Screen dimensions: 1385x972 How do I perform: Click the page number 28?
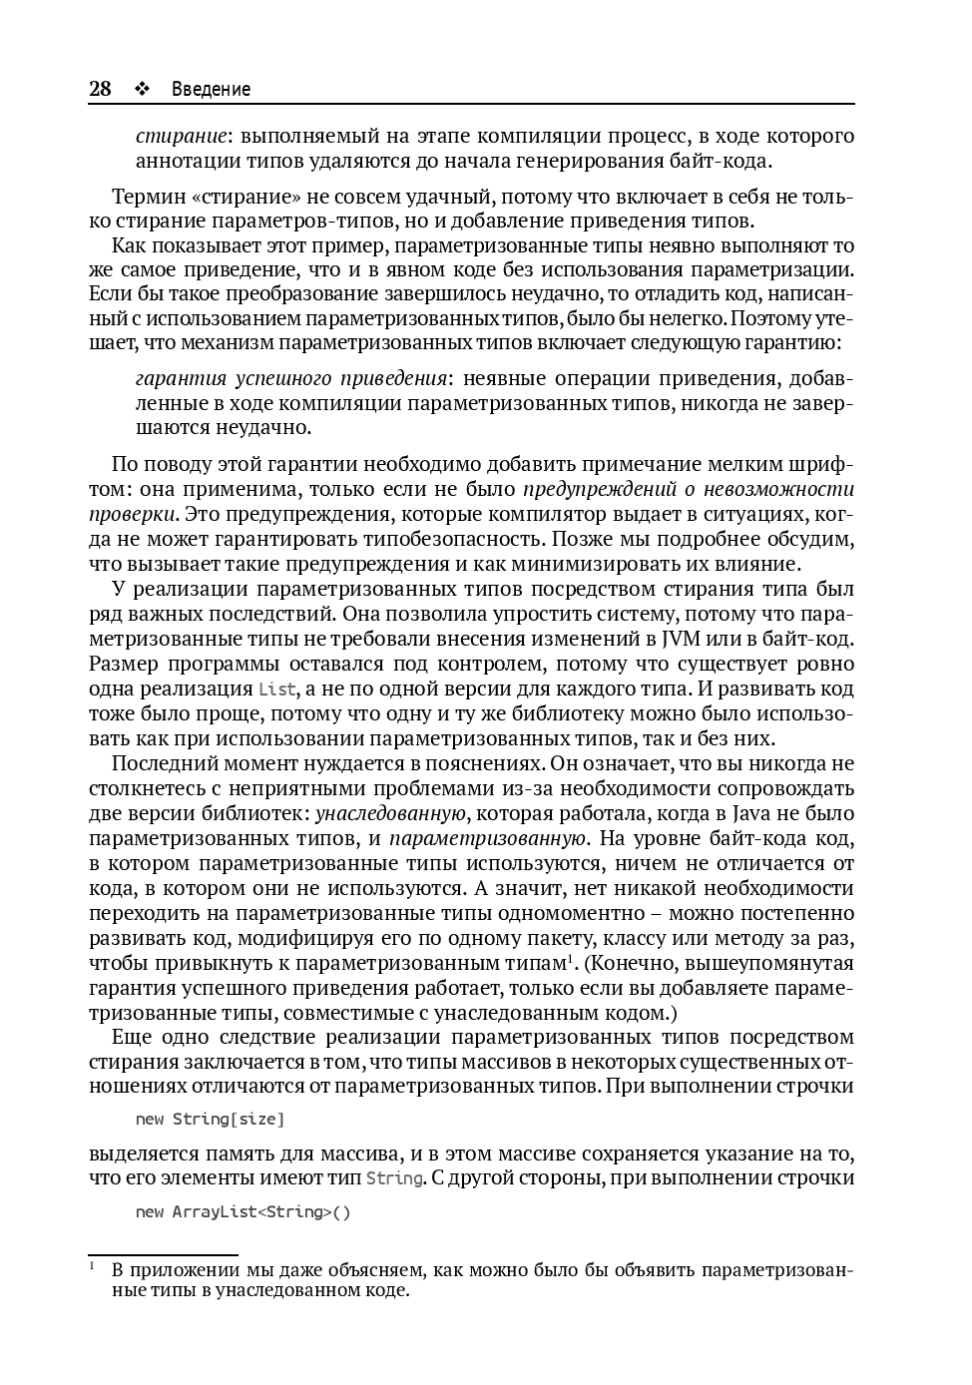tap(100, 89)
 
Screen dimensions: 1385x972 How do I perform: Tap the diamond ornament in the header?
tap(141, 89)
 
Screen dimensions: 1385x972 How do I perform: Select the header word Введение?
tap(211, 89)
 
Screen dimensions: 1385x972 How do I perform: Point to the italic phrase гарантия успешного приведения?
tap(290, 378)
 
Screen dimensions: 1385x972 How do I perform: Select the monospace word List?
tap(276, 690)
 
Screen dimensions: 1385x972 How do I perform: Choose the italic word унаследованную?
tap(391, 813)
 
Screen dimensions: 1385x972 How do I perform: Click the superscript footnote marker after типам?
tap(570, 958)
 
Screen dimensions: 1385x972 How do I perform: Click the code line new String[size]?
tap(211, 1119)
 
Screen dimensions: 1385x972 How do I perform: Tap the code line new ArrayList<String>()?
tap(243, 1212)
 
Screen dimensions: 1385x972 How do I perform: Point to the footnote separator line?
tap(163, 1254)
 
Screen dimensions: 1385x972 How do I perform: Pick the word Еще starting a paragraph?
tap(133, 1038)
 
